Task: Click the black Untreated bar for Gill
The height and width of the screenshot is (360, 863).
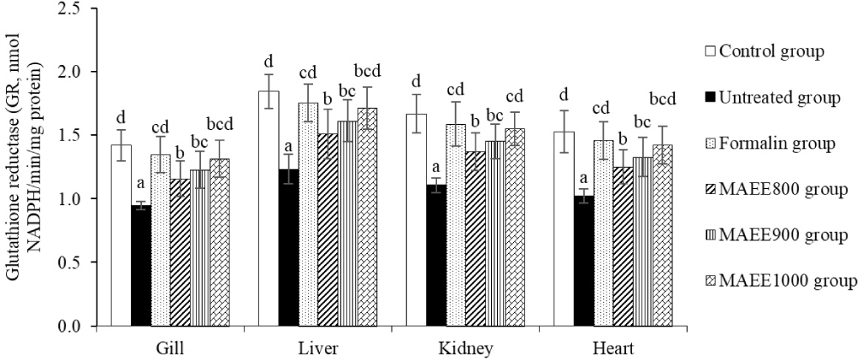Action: (142, 265)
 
